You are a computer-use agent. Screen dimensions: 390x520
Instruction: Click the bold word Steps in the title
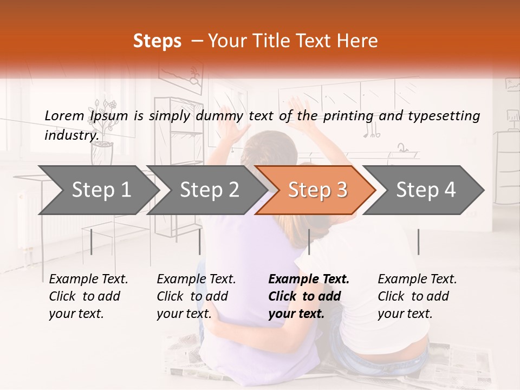point(157,41)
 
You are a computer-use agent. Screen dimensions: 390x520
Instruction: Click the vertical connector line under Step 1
point(92,242)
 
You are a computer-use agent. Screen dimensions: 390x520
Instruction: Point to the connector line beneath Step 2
point(200,242)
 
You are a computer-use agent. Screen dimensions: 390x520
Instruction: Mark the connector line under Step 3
point(309,242)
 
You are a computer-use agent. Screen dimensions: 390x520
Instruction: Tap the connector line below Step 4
point(418,242)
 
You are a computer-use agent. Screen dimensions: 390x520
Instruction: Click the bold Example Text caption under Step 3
point(309,296)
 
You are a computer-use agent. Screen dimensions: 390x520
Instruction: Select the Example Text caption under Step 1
point(88,296)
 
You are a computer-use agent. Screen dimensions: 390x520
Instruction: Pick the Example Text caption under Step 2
point(196,296)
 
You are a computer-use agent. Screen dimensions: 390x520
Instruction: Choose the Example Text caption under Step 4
point(417,296)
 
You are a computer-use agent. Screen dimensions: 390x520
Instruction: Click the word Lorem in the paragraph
point(64,115)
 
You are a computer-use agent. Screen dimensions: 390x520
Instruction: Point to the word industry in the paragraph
point(70,135)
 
